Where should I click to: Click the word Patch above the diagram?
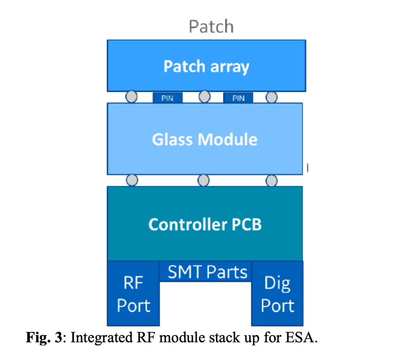[x=211, y=26]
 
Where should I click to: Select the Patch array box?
[x=206, y=66]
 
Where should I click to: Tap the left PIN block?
[x=167, y=98]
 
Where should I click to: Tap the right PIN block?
[x=238, y=98]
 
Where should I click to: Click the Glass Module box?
[x=204, y=139]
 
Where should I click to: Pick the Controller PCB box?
[x=205, y=224]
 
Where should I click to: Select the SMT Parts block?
[x=207, y=272]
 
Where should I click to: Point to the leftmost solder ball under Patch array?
[x=132, y=96]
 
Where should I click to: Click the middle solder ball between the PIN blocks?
[x=204, y=96]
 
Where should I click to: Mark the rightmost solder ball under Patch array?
[x=271, y=96]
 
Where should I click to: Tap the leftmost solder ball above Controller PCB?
[x=132, y=180]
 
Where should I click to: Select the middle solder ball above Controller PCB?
[x=203, y=180]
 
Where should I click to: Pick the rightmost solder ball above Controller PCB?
[x=271, y=180]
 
